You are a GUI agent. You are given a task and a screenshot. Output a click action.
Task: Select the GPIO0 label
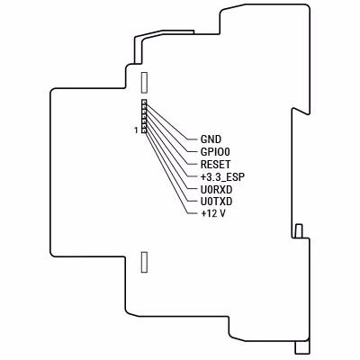pyautogui.click(x=215, y=152)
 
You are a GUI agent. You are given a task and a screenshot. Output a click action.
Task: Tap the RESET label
pyautogui.click(x=216, y=165)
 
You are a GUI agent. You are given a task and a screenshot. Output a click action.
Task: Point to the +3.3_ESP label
pyautogui.click(x=222, y=177)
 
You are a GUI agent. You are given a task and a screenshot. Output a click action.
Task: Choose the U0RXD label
pyautogui.click(x=216, y=189)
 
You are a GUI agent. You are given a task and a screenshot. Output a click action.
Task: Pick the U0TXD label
pyautogui.click(x=216, y=202)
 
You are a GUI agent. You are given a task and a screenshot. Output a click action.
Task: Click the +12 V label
pyautogui.click(x=213, y=213)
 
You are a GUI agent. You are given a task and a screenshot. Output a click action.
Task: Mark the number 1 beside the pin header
pyautogui.click(x=136, y=130)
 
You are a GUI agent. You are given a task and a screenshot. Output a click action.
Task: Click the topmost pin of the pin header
pyautogui.click(x=144, y=103)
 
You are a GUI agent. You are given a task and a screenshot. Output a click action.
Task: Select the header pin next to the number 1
pyautogui.click(x=144, y=130)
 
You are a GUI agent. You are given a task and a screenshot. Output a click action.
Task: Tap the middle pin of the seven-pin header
pyautogui.click(x=144, y=116)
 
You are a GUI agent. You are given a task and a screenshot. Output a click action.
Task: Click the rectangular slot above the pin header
pyautogui.click(x=144, y=82)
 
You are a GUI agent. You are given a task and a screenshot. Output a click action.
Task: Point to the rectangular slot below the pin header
pyautogui.click(x=144, y=262)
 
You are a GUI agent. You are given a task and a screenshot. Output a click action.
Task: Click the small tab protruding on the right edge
pyautogui.click(x=299, y=231)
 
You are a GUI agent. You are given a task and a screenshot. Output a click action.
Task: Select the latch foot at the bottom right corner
pyautogui.click(x=302, y=346)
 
